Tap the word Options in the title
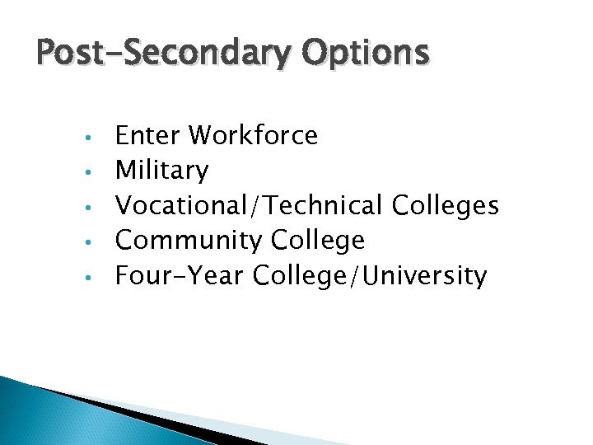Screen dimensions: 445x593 pyautogui.click(x=365, y=54)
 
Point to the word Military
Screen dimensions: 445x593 pyautogui.click(x=162, y=171)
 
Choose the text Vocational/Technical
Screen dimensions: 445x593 pyautogui.click(x=250, y=205)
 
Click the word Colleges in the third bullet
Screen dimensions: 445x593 pyautogui.click(x=446, y=205)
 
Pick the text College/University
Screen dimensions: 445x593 pyautogui.click(x=371, y=276)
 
